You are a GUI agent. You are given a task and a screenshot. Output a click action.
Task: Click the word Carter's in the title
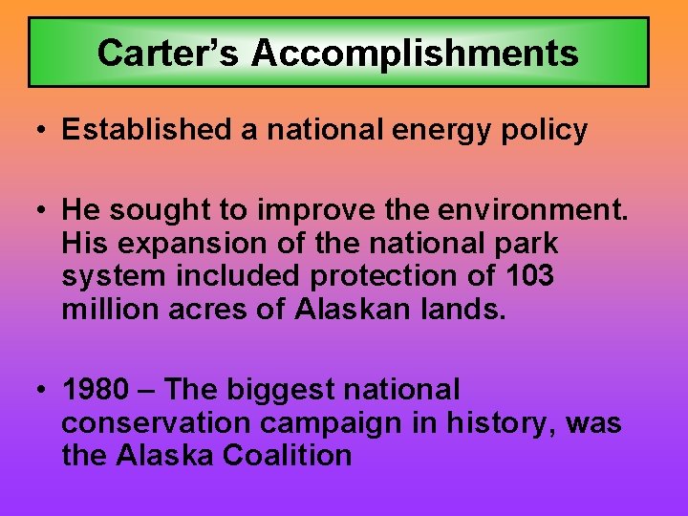169,53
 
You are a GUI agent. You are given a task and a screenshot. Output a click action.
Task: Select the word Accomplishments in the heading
415,53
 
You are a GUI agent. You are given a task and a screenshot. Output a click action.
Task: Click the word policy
550,131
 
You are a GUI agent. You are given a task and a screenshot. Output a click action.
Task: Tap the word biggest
288,391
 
